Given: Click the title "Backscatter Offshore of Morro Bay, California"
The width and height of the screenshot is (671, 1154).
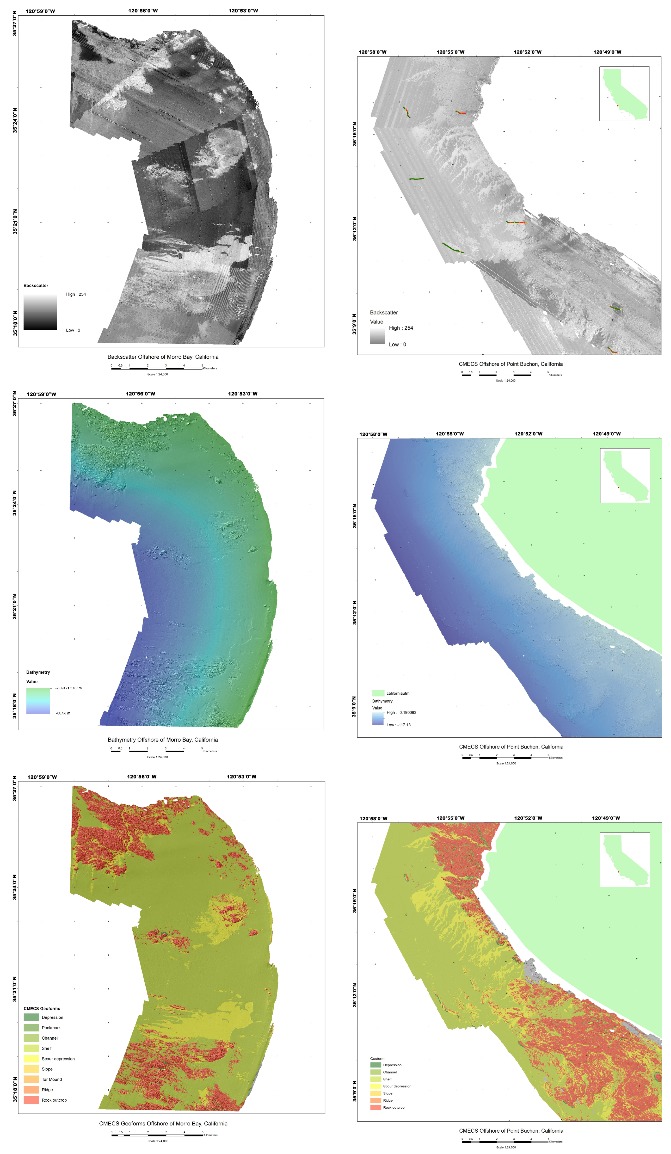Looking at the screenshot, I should point(163,357).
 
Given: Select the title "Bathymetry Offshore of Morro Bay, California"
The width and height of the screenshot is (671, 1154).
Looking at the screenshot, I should point(163,740).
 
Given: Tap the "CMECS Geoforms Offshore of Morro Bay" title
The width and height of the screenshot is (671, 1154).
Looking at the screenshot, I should point(163,1123).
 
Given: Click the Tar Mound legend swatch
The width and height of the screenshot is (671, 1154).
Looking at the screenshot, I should point(31,1079).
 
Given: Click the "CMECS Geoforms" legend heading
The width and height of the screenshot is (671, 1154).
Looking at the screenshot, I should point(42,1008).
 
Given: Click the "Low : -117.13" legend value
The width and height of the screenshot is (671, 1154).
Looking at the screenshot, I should point(399,725).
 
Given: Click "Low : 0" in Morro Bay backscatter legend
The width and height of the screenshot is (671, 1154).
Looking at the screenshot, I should point(73,330).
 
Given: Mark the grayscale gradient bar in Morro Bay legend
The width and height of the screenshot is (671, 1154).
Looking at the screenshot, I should point(40,312).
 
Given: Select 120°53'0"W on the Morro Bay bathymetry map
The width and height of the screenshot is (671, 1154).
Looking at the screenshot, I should point(243,394).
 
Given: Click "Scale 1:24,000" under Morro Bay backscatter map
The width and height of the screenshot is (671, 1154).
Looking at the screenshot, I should point(158,374).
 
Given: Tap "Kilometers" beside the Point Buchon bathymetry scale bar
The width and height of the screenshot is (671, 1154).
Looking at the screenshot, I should point(556,757).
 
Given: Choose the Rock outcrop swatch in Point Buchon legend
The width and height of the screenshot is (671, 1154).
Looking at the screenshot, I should point(376,1107).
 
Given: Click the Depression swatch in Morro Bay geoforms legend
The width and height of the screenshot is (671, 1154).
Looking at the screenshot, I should point(31,1017).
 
